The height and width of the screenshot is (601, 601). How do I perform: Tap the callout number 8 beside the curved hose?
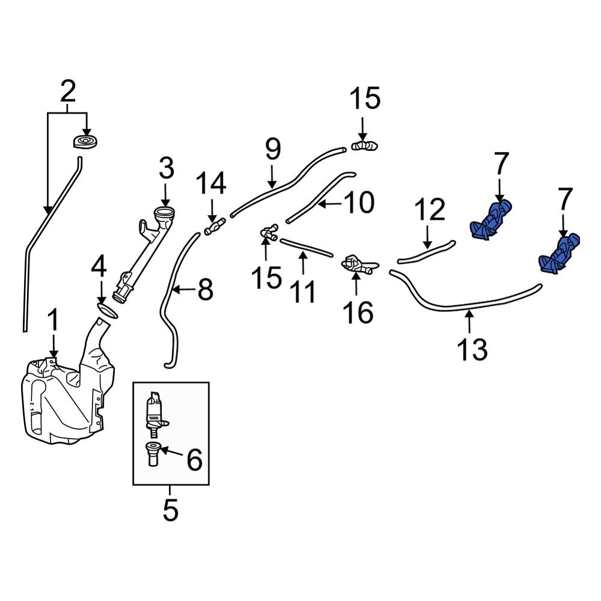coord(205,290)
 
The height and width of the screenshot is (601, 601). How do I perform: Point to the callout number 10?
coord(358,203)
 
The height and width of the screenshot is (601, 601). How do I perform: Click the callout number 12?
coord(429,210)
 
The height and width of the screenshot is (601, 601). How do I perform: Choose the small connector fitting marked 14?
coord(213,228)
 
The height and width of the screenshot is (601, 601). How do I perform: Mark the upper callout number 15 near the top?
coord(365,98)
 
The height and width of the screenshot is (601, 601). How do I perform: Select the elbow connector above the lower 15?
coord(267,233)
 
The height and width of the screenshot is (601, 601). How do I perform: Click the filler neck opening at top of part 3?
coord(165,213)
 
